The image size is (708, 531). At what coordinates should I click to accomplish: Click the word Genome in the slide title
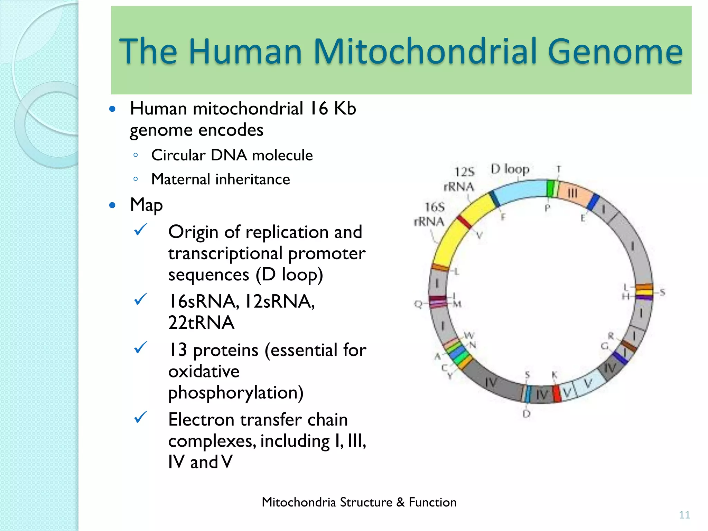(x=615, y=52)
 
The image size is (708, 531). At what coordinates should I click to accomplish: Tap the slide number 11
(x=684, y=515)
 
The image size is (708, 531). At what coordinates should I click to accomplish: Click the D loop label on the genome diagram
(x=510, y=169)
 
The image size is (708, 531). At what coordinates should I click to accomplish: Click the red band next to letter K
(x=557, y=393)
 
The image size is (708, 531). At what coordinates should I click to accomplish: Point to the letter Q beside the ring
(x=418, y=304)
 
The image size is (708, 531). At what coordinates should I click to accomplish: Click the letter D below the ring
(x=527, y=414)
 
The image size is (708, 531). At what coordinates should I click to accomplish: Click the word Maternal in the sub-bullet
(x=180, y=179)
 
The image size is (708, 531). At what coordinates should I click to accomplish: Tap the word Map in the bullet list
(x=146, y=205)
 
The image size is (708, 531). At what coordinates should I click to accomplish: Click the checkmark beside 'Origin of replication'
(x=141, y=229)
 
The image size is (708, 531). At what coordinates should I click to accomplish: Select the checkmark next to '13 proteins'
(x=141, y=347)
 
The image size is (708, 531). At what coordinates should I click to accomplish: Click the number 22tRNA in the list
(x=201, y=323)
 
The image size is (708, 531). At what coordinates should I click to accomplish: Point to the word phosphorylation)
(x=236, y=393)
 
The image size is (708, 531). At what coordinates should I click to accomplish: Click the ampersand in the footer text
(x=400, y=502)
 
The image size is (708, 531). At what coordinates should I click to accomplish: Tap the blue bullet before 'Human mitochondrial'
(x=112, y=109)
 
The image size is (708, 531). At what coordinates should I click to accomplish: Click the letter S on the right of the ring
(x=662, y=292)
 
